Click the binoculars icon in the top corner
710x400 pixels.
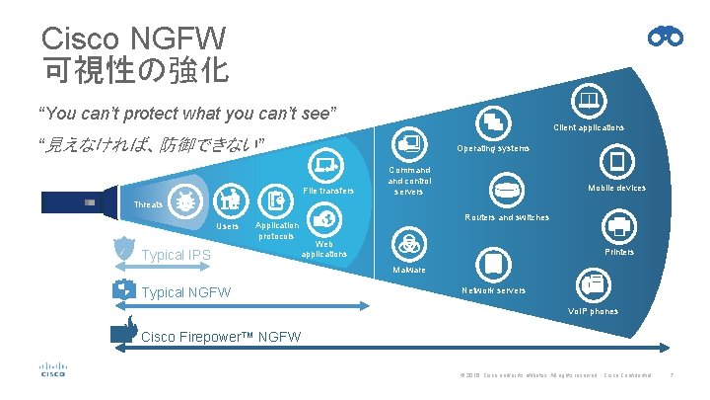click(666, 37)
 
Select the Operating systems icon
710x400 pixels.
click(492, 123)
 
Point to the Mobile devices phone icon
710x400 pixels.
click(616, 162)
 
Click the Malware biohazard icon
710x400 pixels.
click(406, 244)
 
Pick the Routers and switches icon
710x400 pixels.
click(507, 191)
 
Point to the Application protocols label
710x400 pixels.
click(276, 231)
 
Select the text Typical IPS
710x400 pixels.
click(177, 255)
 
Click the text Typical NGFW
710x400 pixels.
click(187, 292)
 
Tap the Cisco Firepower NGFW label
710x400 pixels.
click(222, 337)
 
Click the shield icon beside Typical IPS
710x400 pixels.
click(124, 249)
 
